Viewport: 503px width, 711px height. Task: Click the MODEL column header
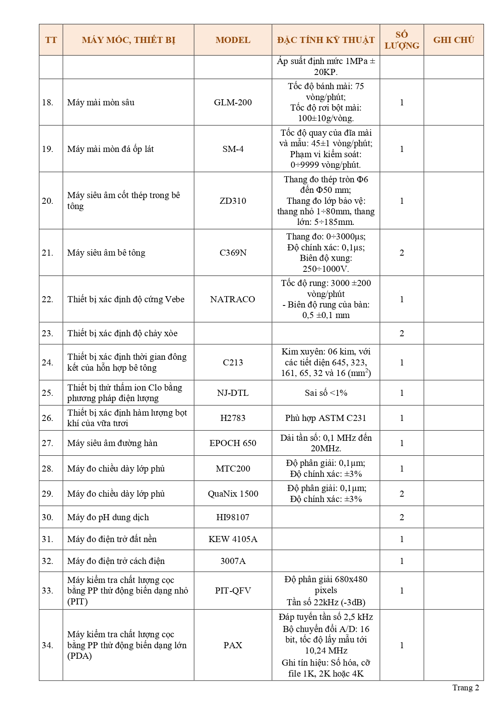[233, 40]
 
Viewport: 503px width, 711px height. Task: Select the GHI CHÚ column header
[453, 40]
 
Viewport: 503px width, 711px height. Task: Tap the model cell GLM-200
[233, 102]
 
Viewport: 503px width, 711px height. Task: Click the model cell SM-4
[233, 149]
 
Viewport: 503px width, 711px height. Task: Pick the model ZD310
[233, 201]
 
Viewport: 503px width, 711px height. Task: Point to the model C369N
[233, 252]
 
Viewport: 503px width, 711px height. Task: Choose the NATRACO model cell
[233, 299]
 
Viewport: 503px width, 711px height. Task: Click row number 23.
[47, 333]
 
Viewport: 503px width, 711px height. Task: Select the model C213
[233, 362]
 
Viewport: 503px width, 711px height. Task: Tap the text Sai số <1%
[326, 393]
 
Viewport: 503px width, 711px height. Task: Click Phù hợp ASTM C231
[326, 418]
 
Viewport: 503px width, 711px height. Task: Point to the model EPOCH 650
[233, 443]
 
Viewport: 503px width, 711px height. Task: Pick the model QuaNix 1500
[233, 493]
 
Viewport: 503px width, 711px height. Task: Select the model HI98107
[233, 517]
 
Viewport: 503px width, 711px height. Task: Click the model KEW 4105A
[233, 539]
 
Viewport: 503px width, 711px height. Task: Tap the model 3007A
[233, 561]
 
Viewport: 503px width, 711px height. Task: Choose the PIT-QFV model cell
[233, 590]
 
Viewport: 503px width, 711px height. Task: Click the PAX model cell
[233, 645]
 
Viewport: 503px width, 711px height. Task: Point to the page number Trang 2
[466, 688]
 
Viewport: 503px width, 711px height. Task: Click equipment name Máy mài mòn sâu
[101, 102]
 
